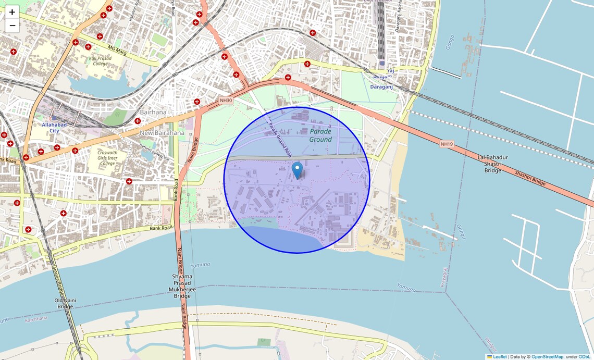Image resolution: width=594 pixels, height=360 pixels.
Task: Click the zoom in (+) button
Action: click(12, 12)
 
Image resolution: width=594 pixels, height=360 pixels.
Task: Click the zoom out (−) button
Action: click(12, 26)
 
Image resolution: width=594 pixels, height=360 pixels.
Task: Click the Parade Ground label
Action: click(320, 135)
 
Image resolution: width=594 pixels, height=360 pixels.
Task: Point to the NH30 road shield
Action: click(226, 101)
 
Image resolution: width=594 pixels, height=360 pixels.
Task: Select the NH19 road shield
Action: click(447, 144)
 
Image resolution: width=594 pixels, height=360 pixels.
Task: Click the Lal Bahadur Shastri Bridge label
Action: click(492, 164)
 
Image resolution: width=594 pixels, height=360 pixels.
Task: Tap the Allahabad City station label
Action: click(55, 128)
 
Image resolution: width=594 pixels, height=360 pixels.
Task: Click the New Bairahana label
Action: click(162, 133)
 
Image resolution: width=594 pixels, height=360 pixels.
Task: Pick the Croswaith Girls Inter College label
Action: click(107, 158)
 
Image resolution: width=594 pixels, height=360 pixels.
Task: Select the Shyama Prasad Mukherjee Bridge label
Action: click(182, 286)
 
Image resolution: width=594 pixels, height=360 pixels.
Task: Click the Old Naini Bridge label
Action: click(65, 303)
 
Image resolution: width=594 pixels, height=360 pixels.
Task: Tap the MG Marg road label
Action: click(118, 50)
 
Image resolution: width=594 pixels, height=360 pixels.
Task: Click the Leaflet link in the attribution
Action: click(500, 357)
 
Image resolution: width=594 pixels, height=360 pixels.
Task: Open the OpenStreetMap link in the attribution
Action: click(547, 357)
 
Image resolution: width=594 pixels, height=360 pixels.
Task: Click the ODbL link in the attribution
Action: click(585, 357)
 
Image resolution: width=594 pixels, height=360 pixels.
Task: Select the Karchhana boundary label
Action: click(35, 318)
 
